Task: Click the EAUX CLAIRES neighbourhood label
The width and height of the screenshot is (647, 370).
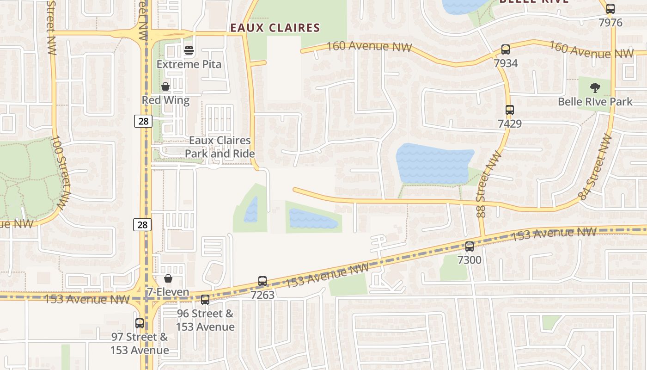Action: (x=275, y=28)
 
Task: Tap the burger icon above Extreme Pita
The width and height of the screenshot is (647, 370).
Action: (x=189, y=50)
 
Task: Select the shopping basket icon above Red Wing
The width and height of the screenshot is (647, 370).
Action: (x=165, y=86)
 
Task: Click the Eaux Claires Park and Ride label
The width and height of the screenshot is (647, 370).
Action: (x=220, y=147)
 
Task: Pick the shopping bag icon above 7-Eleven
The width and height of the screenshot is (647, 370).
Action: (x=168, y=278)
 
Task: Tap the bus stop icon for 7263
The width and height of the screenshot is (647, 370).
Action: (x=262, y=281)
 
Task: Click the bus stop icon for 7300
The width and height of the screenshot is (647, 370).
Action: (x=470, y=247)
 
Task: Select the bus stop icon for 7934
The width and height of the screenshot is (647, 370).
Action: (x=506, y=49)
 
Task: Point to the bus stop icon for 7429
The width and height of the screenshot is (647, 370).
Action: (x=510, y=110)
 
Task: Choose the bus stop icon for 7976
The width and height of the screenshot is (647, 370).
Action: (x=610, y=9)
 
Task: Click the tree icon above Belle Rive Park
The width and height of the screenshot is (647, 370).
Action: (x=595, y=87)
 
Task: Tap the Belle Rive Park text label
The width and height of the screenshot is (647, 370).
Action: (x=595, y=101)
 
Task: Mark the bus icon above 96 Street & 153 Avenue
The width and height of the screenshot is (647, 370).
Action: (x=205, y=300)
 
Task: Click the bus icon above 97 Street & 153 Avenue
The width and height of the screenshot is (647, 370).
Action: (x=140, y=323)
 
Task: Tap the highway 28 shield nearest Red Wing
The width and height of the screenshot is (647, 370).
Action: (x=143, y=121)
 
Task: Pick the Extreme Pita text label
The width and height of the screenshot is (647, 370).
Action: (x=189, y=64)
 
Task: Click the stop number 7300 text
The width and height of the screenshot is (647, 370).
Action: (x=470, y=260)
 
